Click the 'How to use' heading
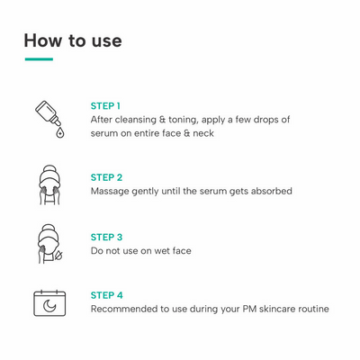(73, 40)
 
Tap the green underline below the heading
(39, 59)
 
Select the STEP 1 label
(105, 106)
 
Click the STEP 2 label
(106, 177)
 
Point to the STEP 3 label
(106, 238)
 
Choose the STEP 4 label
(107, 295)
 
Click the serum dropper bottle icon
(49, 119)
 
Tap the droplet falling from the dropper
(60, 132)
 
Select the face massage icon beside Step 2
(49, 184)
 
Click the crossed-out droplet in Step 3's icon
(58, 256)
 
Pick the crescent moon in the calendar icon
(49, 306)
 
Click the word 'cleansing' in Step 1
(136, 120)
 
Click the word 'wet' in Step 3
(162, 251)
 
